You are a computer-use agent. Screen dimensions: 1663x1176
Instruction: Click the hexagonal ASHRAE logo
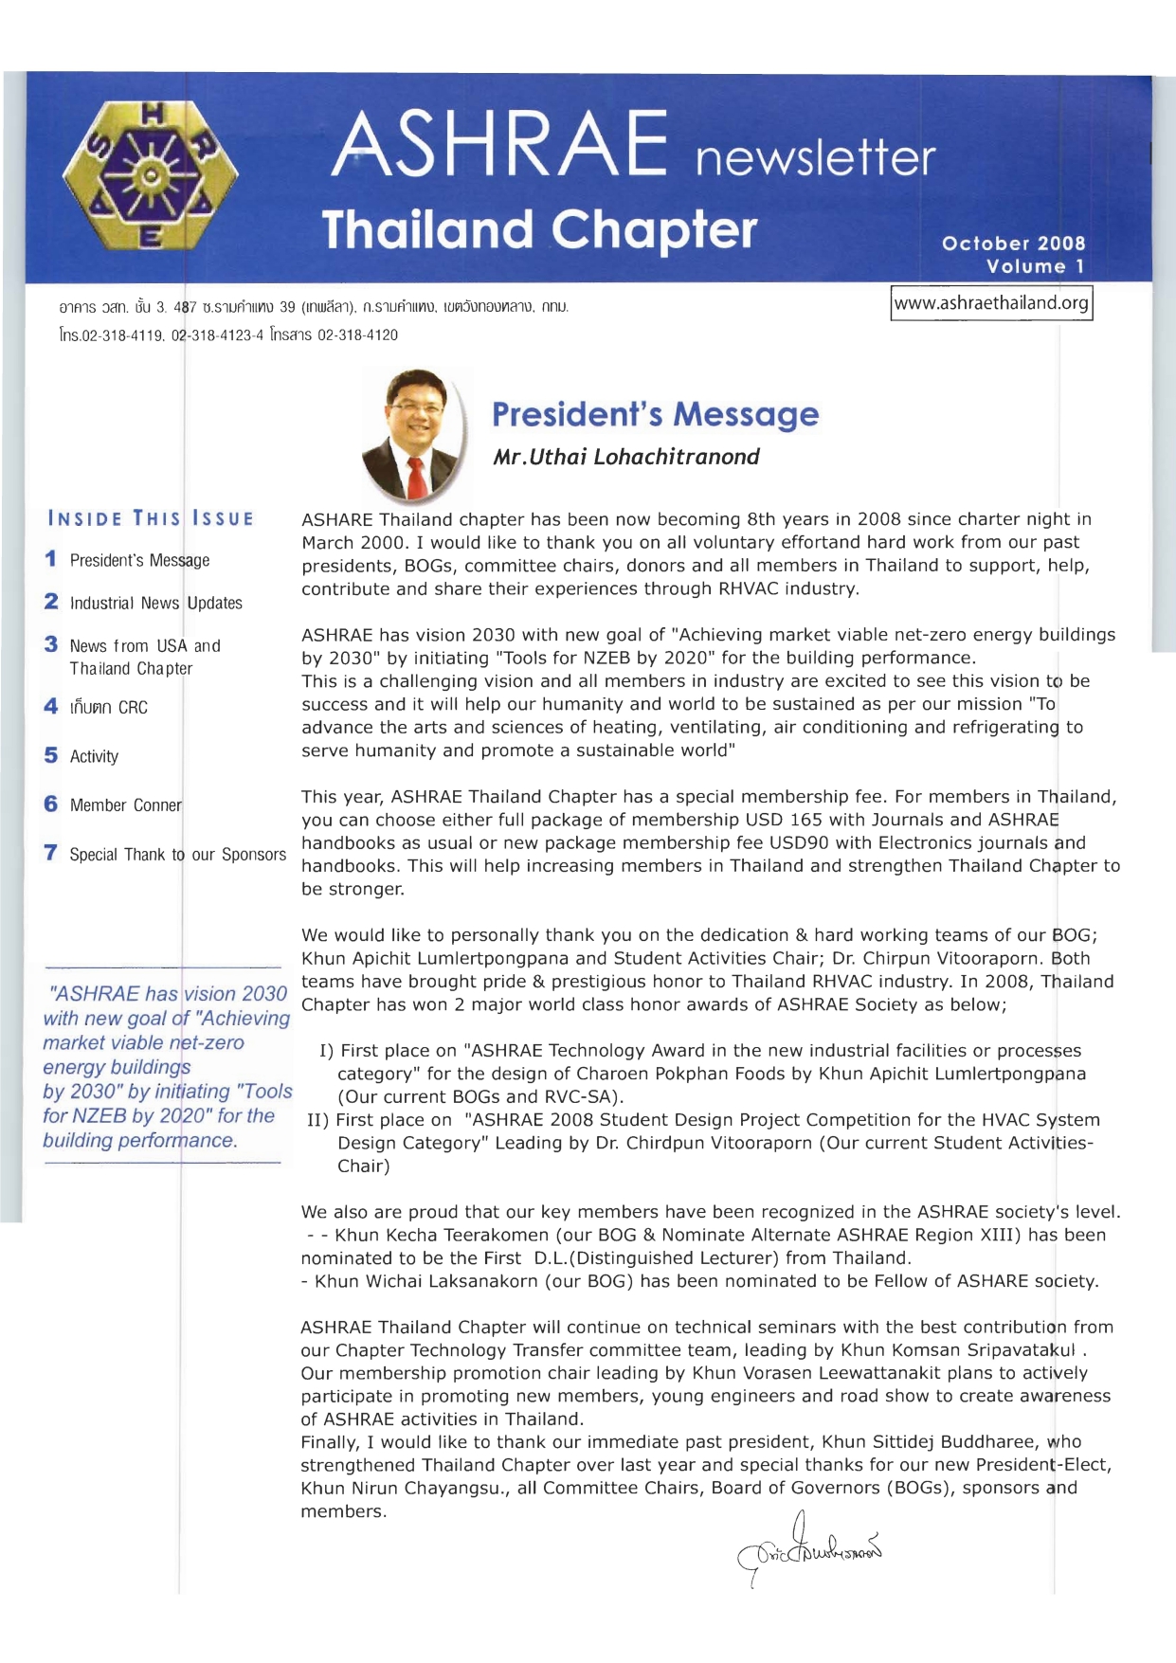click(x=151, y=176)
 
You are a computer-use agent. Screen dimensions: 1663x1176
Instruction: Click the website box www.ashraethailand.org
click(x=991, y=303)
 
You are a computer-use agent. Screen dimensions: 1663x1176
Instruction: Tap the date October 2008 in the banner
click(x=1013, y=244)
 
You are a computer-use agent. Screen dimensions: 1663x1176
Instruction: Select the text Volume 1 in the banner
click(x=1035, y=266)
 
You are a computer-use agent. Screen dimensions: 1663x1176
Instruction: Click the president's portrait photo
click(x=415, y=435)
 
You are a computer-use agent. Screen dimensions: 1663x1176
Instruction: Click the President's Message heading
click(x=655, y=414)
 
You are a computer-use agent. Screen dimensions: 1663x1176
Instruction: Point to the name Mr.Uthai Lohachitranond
click(x=625, y=457)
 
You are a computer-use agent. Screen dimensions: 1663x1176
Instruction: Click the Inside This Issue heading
click(x=151, y=518)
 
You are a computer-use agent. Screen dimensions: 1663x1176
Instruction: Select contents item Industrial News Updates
click(x=155, y=603)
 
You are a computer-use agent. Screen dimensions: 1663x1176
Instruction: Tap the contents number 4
click(x=50, y=706)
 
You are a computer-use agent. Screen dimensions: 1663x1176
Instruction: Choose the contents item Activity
click(x=94, y=756)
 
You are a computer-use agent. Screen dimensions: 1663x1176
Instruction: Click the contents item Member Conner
click(x=125, y=804)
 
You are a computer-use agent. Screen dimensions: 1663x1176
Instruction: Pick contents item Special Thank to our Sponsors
click(x=177, y=854)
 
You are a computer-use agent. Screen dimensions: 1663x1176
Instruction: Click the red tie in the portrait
click(x=416, y=478)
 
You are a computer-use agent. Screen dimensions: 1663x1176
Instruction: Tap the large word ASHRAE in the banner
click(x=499, y=146)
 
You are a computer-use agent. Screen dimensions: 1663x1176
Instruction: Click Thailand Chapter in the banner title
click(x=539, y=230)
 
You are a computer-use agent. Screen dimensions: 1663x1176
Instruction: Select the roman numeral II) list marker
click(x=317, y=1120)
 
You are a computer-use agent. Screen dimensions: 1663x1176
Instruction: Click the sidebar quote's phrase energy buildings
click(x=117, y=1067)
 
